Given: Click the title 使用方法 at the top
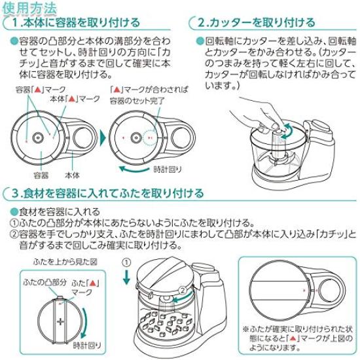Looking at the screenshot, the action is coord(29,9).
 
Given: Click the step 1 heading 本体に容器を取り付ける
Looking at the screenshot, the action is coord(82,23).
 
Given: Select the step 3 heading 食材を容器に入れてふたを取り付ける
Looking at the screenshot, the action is coord(113,193).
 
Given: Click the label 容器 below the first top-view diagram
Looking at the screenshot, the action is coord(41,175).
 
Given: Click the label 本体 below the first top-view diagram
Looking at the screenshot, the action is coord(72,175).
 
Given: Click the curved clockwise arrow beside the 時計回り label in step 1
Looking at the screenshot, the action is coord(134,170).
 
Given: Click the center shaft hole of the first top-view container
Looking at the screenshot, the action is coord(38,138).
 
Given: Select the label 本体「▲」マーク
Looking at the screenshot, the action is coord(75,99).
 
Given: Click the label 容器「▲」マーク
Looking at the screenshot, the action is coord(41,90).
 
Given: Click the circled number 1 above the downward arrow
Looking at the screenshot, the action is coord(126,262).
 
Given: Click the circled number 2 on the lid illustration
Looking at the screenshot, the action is coord(183,291).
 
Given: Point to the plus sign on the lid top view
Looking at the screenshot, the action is coord(60,321).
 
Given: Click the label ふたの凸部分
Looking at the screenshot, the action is coord(45,282).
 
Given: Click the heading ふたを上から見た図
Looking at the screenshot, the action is coord(65,262).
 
